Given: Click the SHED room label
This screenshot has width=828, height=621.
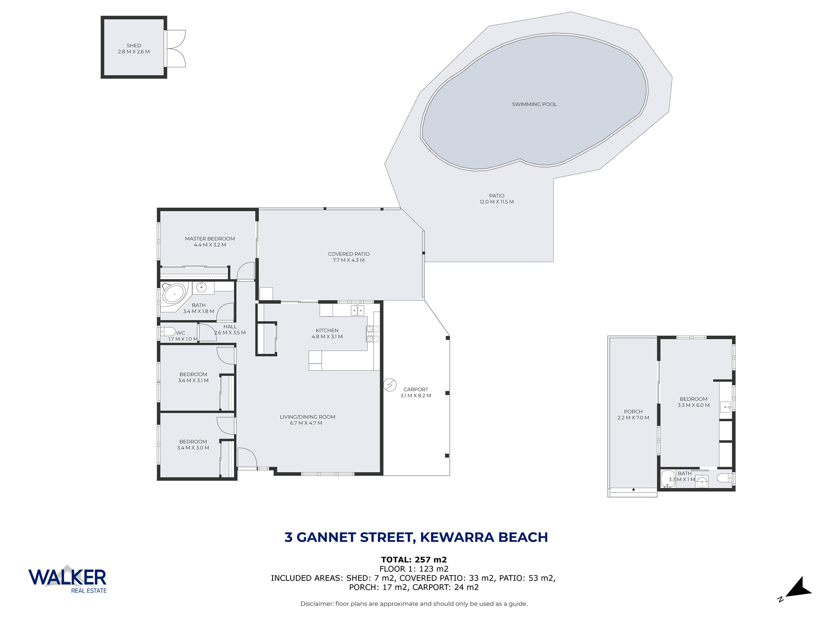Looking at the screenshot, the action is (134, 45).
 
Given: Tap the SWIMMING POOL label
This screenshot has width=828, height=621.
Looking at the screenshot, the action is (534, 104).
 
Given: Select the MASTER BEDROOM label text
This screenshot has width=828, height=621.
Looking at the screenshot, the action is (210, 238).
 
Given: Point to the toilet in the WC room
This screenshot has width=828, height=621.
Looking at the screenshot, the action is (167, 332).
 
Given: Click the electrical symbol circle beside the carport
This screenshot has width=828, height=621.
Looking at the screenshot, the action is (390, 385).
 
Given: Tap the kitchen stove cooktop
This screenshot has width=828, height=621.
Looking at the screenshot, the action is (373, 334).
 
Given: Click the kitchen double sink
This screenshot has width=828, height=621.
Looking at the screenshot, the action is (358, 310).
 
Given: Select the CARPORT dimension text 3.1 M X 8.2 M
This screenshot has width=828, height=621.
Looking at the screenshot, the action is (416, 395).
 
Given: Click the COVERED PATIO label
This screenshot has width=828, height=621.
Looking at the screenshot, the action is (349, 254).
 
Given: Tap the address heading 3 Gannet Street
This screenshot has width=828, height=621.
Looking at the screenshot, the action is (416, 537).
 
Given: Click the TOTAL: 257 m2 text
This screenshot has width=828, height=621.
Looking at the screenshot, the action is (414, 560).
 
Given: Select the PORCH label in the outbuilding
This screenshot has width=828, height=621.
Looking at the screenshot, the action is (633, 411).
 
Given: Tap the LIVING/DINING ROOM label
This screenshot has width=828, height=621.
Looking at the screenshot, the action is (307, 417).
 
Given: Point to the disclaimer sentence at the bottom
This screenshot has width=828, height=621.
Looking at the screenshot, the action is (414, 604).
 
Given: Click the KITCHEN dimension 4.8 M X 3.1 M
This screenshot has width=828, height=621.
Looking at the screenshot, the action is (327, 337).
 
